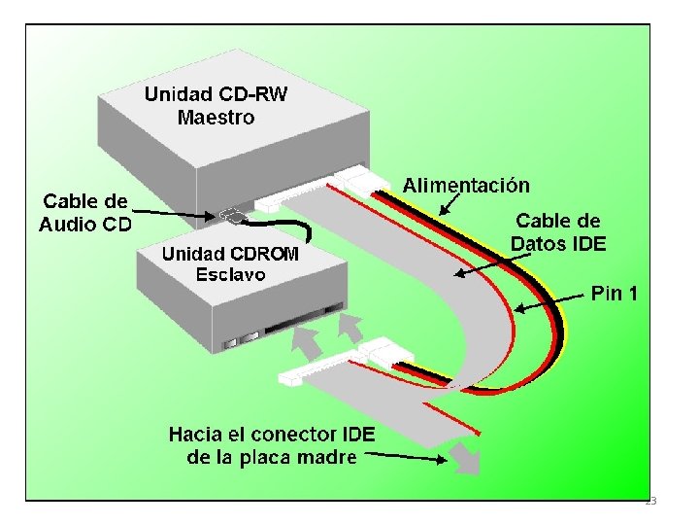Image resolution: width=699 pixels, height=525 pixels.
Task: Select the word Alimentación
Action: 466,185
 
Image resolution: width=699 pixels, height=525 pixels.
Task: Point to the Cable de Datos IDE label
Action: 559,232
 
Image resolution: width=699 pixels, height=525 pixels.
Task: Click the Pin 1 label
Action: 615,293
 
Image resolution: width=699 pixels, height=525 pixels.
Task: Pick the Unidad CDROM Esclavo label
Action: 230,263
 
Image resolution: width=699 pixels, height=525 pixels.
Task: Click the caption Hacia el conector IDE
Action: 275,434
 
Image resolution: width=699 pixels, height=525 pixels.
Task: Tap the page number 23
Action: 650,501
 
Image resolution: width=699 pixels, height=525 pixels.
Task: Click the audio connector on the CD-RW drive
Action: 232,214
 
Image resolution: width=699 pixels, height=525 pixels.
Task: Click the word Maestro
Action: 216,118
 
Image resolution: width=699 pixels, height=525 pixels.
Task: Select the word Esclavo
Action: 230,274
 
